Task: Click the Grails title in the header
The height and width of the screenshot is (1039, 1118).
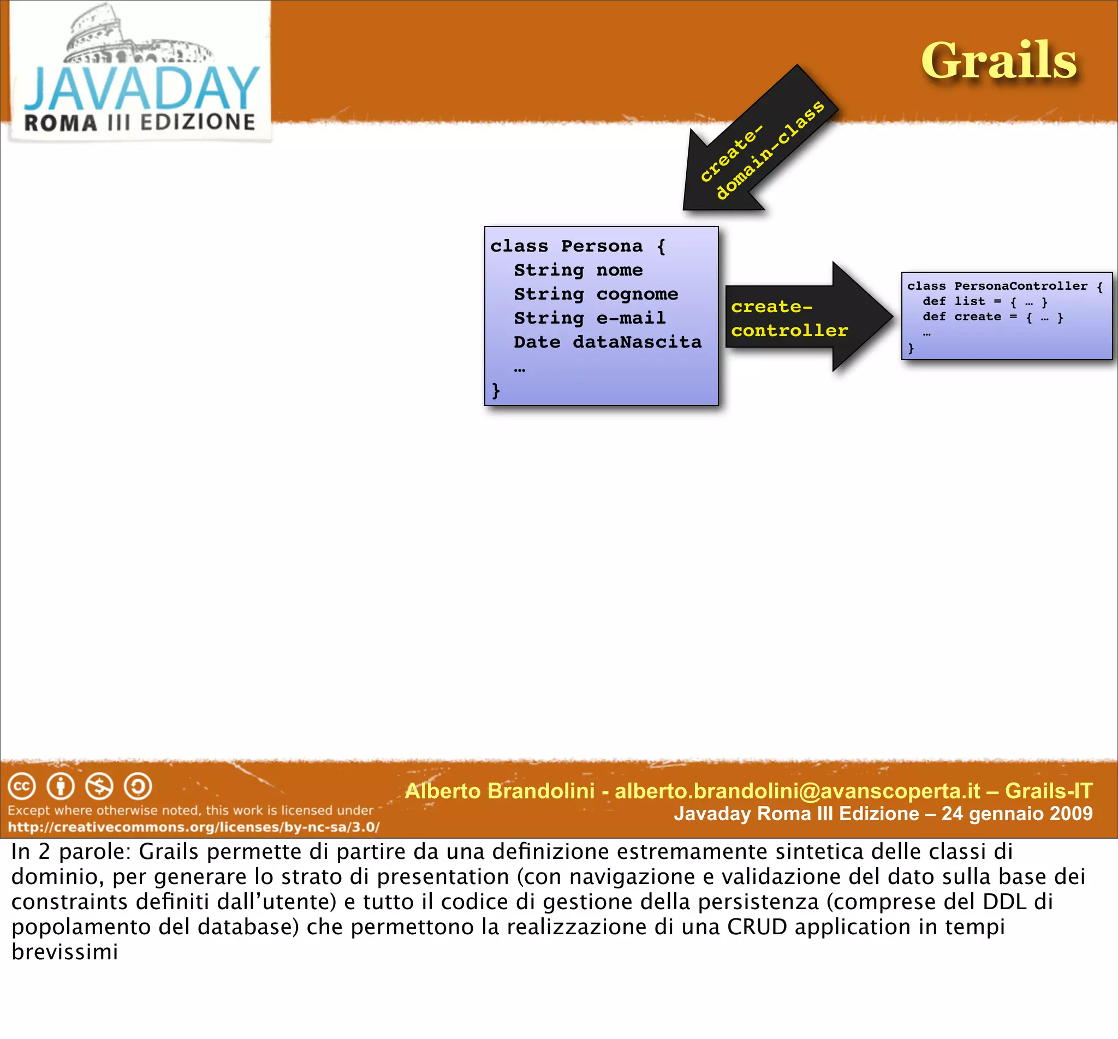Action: tap(998, 61)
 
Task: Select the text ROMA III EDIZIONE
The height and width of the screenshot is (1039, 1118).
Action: tap(139, 123)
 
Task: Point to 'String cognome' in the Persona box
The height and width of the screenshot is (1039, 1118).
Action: tap(596, 294)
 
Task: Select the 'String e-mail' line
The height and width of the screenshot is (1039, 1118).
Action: tap(590, 318)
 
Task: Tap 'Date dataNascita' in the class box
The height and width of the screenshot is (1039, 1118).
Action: tap(608, 342)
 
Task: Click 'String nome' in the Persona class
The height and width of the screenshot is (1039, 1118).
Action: tap(578, 271)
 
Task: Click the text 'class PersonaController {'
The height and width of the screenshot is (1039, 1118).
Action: tap(1004, 286)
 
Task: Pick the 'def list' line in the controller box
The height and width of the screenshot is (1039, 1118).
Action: tap(984, 302)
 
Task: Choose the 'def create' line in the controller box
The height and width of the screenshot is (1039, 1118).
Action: tap(992, 317)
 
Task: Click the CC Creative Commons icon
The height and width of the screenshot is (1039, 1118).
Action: tap(22, 786)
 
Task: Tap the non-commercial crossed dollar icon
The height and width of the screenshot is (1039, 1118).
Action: tap(99, 786)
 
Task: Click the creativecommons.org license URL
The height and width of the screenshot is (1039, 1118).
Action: tap(193, 827)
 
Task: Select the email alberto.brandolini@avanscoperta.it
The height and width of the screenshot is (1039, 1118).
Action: tap(797, 791)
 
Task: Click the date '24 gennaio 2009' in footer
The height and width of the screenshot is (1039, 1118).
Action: tap(1017, 814)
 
